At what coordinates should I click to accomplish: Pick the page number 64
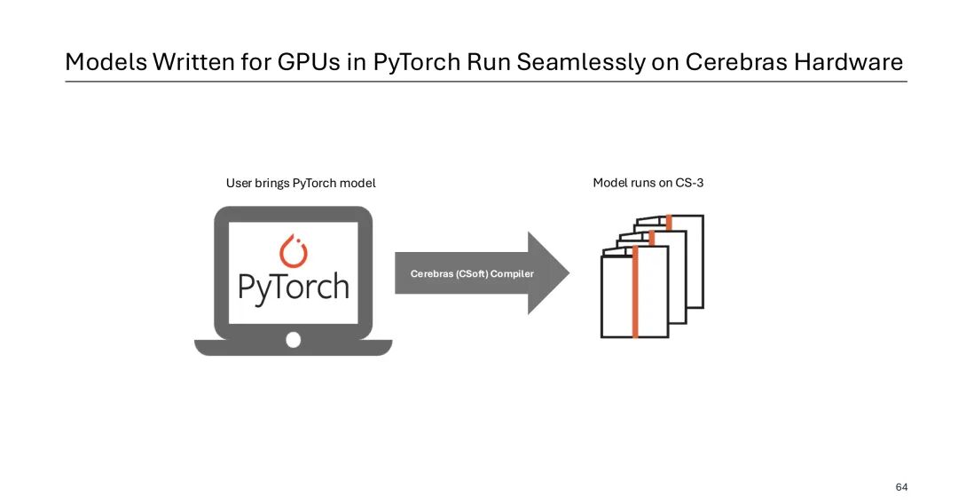pos(901,487)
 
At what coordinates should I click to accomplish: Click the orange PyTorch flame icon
pos(293,251)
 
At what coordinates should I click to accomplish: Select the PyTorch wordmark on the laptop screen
pos(293,287)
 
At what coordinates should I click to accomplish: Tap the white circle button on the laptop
pos(293,340)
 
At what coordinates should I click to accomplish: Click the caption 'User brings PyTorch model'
pos(301,184)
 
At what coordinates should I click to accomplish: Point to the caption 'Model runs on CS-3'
pos(648,184)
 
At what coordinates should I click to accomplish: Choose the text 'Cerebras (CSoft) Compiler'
pos(472,274)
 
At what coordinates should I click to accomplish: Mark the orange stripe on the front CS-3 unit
pos(635,292)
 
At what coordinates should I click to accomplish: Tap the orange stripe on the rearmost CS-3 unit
pos(669,222)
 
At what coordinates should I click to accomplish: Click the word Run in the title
pos(493,63)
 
